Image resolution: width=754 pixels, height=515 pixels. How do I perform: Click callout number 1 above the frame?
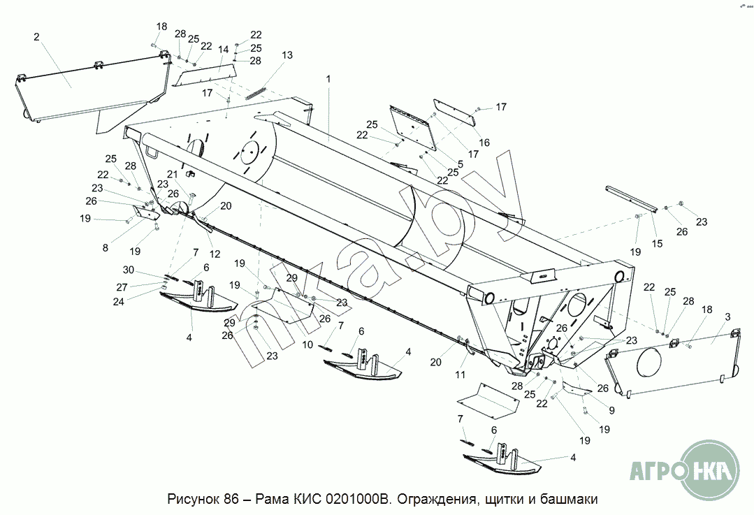pos(328,79)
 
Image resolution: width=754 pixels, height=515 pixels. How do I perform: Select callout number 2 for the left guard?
pos(36,37)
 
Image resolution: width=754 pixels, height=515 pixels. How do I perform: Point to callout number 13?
pos(287,55)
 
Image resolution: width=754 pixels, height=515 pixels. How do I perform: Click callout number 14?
pos(224,50)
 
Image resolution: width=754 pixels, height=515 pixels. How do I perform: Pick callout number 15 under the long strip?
pos(657,243)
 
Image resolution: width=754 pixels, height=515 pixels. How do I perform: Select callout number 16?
pos(484,143)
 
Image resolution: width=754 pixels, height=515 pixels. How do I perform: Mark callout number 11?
pos(459,375)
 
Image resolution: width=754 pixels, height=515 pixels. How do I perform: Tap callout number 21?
pos(173,174)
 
